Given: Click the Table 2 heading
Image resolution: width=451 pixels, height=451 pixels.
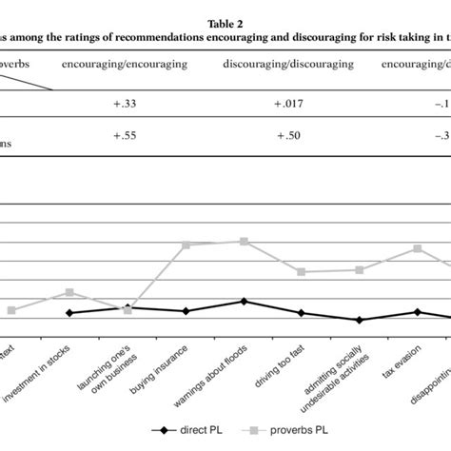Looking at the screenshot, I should (225, 22).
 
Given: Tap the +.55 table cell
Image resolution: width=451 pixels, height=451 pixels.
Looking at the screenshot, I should (128, 137).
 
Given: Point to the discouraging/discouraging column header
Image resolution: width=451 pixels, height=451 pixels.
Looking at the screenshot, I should (287, 65).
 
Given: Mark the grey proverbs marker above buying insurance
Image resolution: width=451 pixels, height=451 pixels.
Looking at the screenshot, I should (186, 245).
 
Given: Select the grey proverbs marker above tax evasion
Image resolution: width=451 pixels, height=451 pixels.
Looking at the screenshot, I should (417, 248).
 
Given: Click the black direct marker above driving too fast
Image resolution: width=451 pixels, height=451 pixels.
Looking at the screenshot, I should (301, 313).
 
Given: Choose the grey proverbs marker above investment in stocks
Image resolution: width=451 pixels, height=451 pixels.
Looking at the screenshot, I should (69, 292).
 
